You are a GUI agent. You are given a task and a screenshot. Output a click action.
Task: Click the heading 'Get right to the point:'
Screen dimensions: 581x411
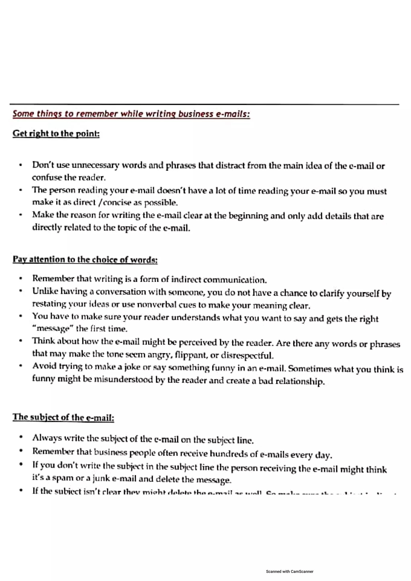56,133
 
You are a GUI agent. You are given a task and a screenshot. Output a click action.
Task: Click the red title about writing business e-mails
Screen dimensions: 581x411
131,114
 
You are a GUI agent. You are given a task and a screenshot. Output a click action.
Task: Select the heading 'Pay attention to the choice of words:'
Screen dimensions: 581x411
85,260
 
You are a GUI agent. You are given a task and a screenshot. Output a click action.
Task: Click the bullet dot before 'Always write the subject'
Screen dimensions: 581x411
21,437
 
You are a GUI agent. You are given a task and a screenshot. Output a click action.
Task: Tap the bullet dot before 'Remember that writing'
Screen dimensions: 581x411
21,279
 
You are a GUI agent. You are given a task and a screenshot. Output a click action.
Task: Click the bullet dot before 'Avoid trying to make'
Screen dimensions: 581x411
21,366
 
